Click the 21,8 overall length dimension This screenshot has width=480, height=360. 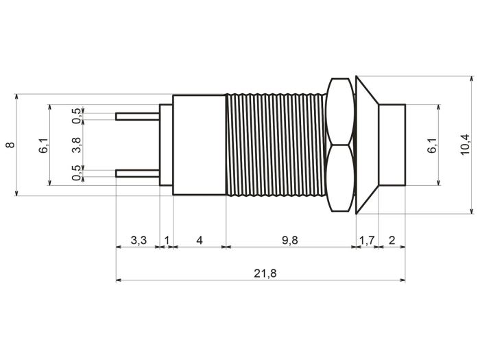(x=265, y=273)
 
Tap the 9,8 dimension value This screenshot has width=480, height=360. (x=289, y=240)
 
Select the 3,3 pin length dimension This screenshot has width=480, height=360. (x=139, y=240)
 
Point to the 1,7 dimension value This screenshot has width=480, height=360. (x=367, y=240)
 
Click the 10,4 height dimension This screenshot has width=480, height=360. (x=465, y=145)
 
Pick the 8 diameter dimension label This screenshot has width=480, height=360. (x=10, y=145)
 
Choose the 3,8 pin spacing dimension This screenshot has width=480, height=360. (x=76, y=145)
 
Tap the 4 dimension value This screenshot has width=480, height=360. (x=200, y=240)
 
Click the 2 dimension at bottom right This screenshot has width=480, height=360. (x=392, y=240)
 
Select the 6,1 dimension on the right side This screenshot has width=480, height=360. (x=432, y=145)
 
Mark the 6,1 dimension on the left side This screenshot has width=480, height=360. (x=43, y=145)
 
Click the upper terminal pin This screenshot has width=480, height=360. (x=137, y=117)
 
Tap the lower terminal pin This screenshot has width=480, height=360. (x=137, y=173)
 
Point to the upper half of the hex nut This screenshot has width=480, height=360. (x=340, y=111)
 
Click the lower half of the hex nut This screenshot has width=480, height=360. (x=340, y=178)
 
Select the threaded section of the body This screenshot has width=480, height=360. (x=276, y=145)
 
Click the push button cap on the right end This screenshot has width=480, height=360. (x=392, y=145)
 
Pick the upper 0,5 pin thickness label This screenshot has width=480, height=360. (x=77, y=116)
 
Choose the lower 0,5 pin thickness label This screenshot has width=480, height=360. (x=77, y=173)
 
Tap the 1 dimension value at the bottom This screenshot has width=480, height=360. (x=167, y=240)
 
